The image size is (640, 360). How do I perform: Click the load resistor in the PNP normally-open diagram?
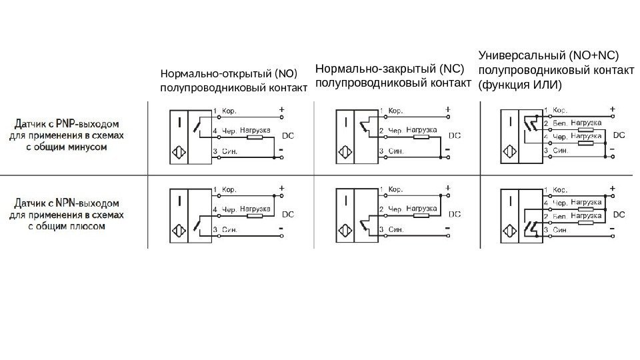[255, 137]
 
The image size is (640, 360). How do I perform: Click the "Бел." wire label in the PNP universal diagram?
[560, 124]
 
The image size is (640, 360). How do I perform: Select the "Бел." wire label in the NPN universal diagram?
[560, 217]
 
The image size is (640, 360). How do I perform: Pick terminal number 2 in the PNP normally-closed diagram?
[381, 130]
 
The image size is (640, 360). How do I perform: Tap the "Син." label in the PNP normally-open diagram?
[230, 151]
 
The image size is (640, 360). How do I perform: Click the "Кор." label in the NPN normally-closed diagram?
[395, 189]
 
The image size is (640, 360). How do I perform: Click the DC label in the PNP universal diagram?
[619, 135]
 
